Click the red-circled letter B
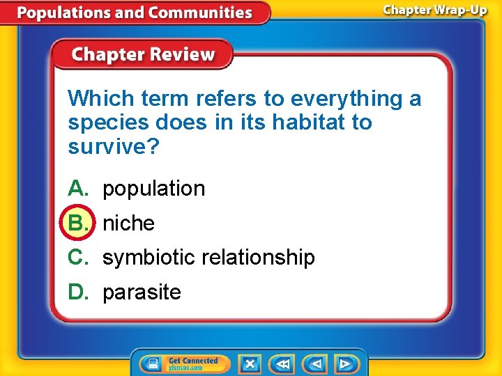(x=77, y=223)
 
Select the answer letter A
(x=77, y=189)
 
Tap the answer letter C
(x=77, y=258)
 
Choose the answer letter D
(x=77, y=292)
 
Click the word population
(x=153, y=189)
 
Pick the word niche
(x=128, y=224)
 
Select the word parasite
(x=142, y=292)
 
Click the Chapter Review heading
(x=144, y=55)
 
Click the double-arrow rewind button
(x=282, y=363)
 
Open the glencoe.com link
(x=184, y=367)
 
